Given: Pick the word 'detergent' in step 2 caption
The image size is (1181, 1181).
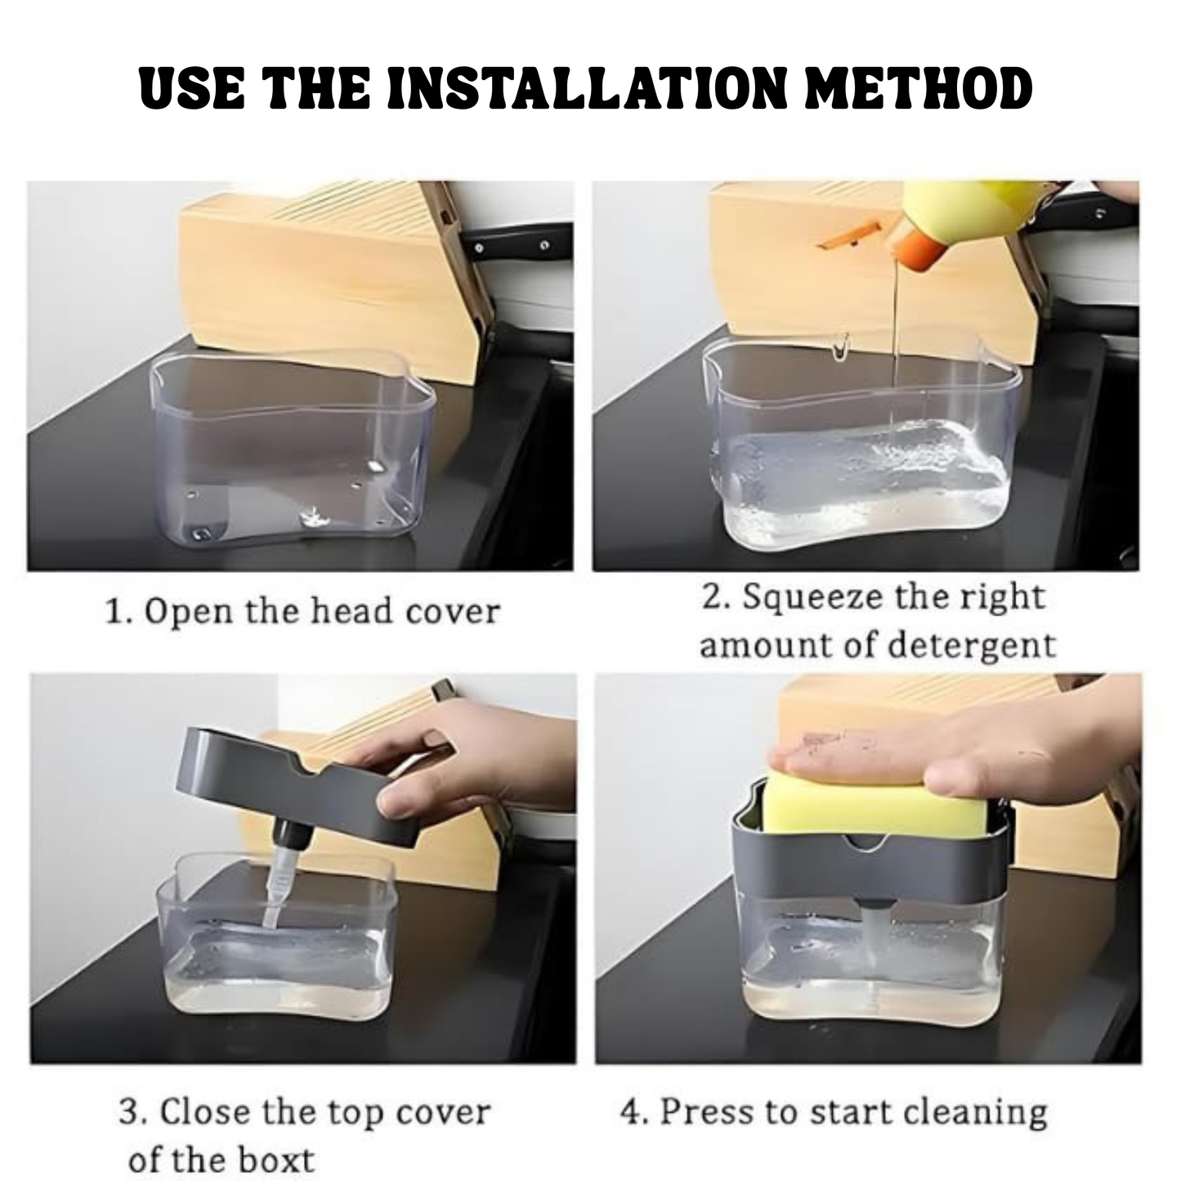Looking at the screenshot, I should pos(972,646).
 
